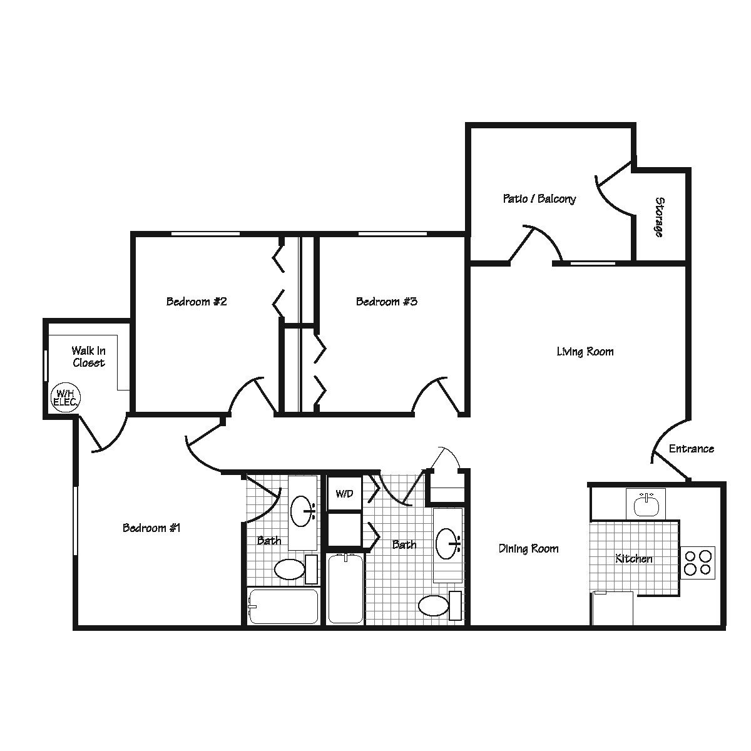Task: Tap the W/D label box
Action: [x=344, y=493]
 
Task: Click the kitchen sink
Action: [x=645, y=504]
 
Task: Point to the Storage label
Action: [x=660, y=217]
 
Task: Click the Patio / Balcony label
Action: [x=539, y=199]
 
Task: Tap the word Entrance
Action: [x=691, y=449]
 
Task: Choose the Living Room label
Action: [x=585, y=352]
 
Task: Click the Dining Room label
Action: [x=528, y=549]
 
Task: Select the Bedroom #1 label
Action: [x=151, y=528]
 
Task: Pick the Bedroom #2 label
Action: [x=196, y=302]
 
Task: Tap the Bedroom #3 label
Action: [x=386, y=302]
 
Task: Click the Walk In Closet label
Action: [x=88, y=357]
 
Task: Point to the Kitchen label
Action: [x=634, y=558]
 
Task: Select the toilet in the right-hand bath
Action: [x=434, y=606]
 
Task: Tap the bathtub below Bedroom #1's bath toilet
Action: [x=283, y=606]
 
